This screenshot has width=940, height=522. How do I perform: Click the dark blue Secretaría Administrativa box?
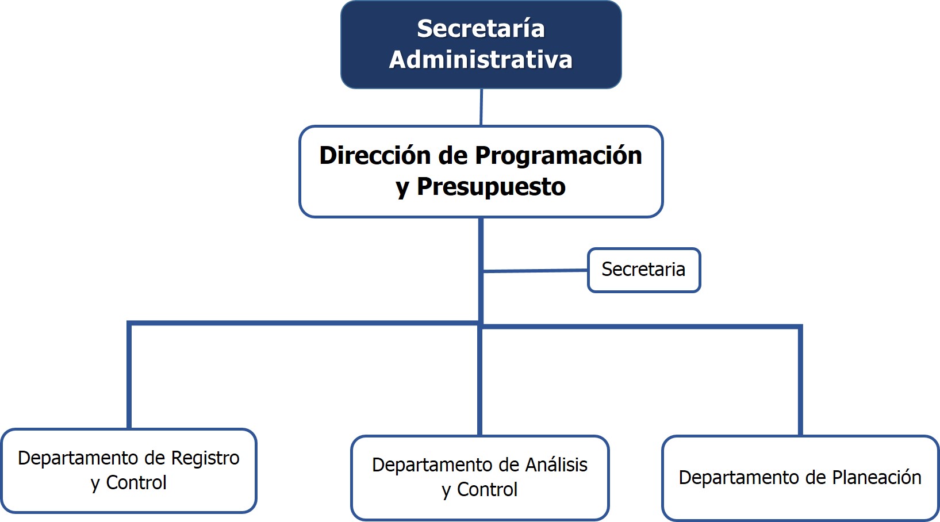pyautogui.click(x=481, y=44)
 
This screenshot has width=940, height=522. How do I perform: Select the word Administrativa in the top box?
pyautogui.click(x=481, y=60)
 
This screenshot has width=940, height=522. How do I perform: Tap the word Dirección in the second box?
pyautogui.click(x=375, y=156)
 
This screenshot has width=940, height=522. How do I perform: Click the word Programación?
pyautogui.click(x=559, y=156)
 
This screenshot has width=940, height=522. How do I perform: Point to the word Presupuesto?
pyautogui.click(x=491, y=187)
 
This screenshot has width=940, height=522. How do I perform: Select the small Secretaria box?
pyautogui.click(x=644, y=270)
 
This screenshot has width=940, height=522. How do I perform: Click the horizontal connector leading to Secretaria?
pyautogui.click(x=535, y=271)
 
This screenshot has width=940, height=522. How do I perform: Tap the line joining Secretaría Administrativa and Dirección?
pyautogui.click(x=481, y=107)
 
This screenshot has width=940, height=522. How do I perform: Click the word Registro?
pyautogui.click(x=205, y=458)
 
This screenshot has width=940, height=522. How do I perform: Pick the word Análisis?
pyautogui.click(x=557, y=465)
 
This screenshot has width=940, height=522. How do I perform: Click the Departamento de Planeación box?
pyautogui.click(x=800, y=478)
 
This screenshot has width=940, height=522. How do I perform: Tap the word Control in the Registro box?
pyautogui.click(x=136, y=482)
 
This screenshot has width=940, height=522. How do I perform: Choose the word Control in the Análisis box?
pyautogui.click(x=487, y=490)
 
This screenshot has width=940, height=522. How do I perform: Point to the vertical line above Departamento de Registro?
pyautogui.click(x=129, y=375)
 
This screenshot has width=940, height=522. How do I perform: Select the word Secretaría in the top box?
pyautogui.click(x=481, y=29)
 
